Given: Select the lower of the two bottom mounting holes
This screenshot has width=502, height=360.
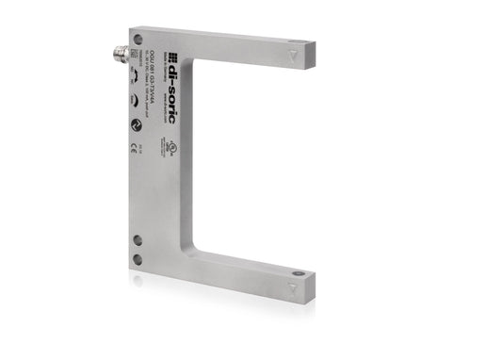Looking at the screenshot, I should point(138,259).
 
